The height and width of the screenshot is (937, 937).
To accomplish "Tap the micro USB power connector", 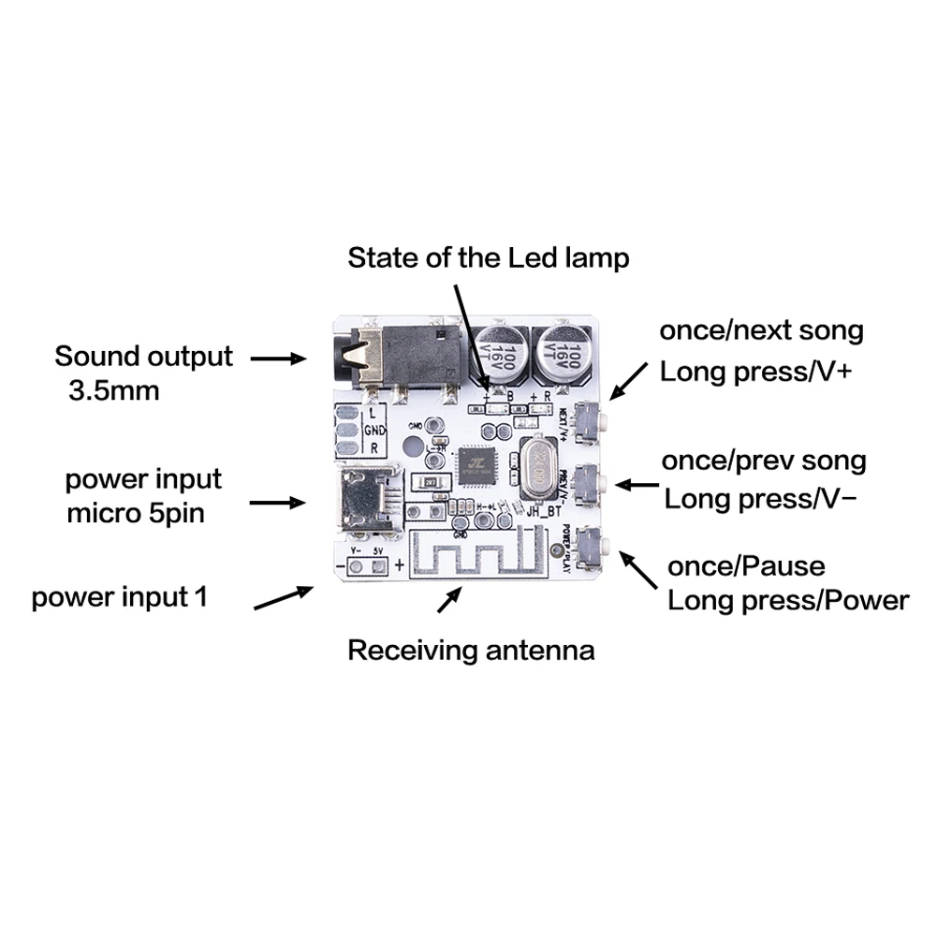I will click(x=365, y=497).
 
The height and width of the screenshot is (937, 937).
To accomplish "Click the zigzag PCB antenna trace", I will click(x=477, y=557).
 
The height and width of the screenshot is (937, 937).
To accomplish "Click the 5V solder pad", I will click(x=378, y=565).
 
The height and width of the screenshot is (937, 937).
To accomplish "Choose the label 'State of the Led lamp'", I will click(x=488, y=257).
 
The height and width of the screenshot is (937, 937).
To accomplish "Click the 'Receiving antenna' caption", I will click(x=471, y=650).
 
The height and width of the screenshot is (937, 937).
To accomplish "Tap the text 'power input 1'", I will click(x=120, y=597).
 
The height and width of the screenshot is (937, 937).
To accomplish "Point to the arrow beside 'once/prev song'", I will click(x=637, y=485).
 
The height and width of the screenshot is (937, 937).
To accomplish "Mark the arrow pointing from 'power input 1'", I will click(x=284, y=598).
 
